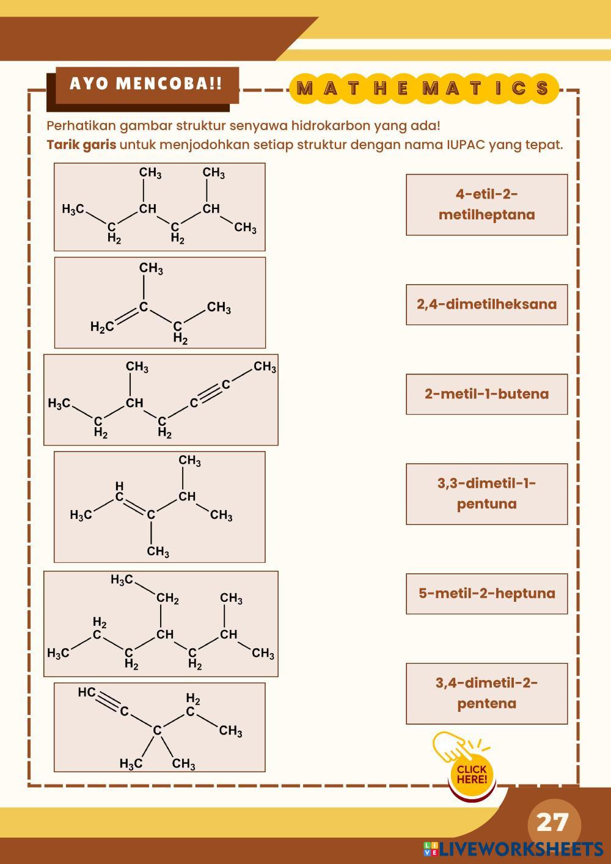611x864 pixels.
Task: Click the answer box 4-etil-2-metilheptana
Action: (x=487, y=205)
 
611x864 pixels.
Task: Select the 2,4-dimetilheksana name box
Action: (x=487, y=305)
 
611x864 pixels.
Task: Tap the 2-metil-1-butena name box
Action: (x=487, y=394)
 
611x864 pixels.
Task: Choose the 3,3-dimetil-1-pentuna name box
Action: (x=487, y=494)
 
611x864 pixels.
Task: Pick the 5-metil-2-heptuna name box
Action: (x=487, y=593)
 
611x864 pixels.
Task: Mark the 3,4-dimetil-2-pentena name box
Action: (x=487, y=694)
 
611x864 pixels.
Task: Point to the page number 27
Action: (x=553, y=822)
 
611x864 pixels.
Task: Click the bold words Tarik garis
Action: (x=81, y=145)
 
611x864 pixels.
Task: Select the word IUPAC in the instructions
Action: (x=467, y=145)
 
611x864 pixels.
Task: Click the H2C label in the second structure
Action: (x=102, y=327)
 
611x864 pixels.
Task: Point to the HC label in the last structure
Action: (x=86, y=692)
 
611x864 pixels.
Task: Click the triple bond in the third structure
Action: (x=210, y=394)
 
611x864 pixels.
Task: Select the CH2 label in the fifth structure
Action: (x=167, y=598)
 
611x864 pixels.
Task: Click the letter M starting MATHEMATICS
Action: (x=305, y=89)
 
